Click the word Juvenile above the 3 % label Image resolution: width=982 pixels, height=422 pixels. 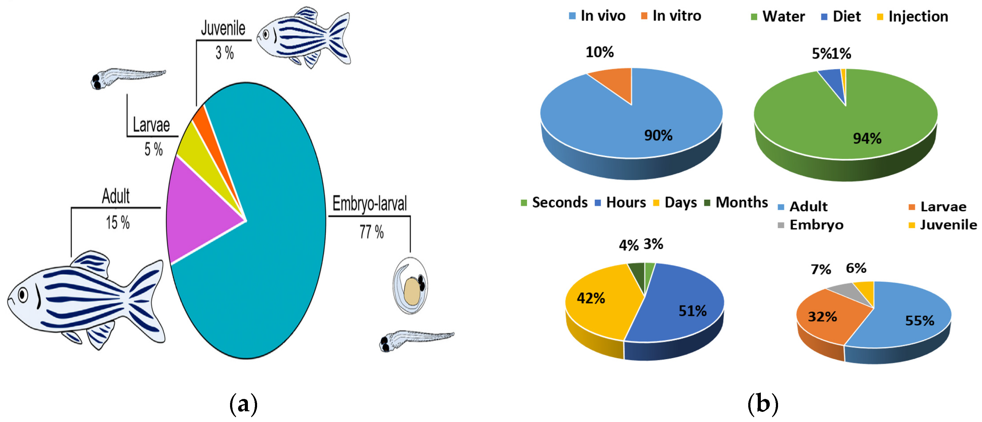(x=223, y=29)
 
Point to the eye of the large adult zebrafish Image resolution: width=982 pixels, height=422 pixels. (x=23, y=294)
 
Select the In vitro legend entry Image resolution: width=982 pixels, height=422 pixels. (x=671, y=16)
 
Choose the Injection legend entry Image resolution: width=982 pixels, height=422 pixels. (x=913, y=17)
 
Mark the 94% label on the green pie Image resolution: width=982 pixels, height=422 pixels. (x=867, y=139)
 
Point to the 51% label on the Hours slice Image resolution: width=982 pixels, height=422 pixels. (x=692, y=311)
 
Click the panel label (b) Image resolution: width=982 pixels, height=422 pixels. (x=762, y=404)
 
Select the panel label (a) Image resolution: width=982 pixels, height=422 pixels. (x=244, y=404)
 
